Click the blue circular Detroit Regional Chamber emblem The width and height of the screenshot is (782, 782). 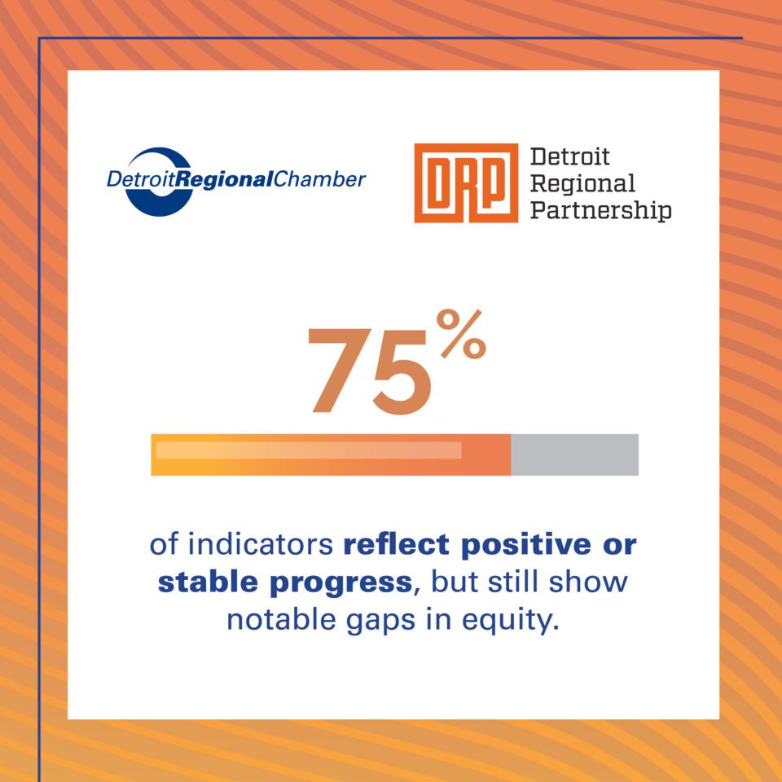click(160, 181)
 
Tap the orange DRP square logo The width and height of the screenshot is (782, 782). click(466, 182)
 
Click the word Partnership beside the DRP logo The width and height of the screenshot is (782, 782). click(600, 211)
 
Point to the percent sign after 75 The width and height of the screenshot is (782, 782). click(460, 336)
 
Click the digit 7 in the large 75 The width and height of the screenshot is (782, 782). click(337, 370)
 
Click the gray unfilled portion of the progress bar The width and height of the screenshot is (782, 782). click(574, 455)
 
